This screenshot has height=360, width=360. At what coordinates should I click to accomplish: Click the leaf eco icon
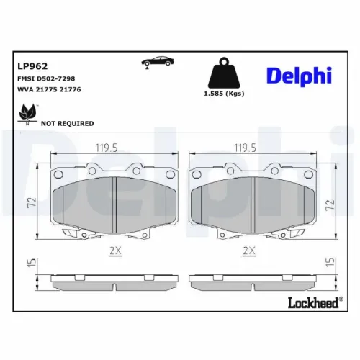tap(28, 112)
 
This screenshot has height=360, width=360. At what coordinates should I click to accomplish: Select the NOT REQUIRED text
tap(68, 123)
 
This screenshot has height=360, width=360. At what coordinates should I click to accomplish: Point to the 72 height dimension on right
tap(329, 204)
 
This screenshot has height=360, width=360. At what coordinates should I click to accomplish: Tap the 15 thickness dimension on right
tap(329, 264)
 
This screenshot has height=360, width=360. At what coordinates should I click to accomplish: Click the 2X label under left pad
tap(114, 251)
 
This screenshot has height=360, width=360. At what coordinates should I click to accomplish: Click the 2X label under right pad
tap(249, 251)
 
